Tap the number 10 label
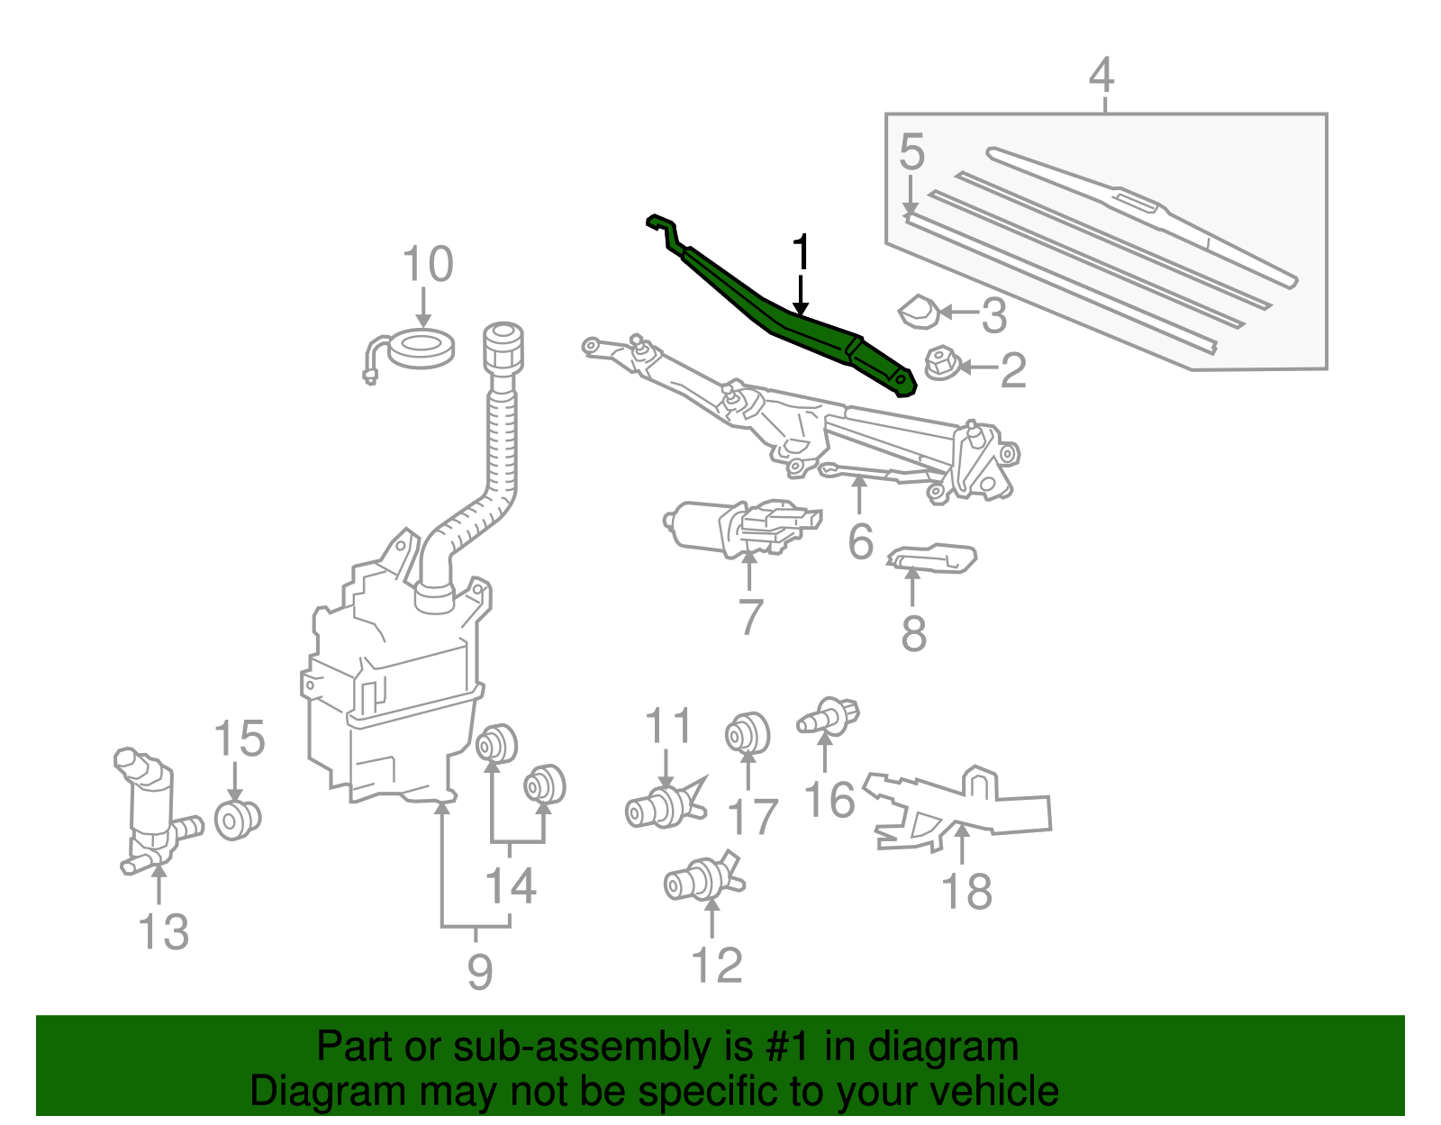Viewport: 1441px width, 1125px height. [427, 265]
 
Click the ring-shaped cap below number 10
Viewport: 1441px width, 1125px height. [421, 349]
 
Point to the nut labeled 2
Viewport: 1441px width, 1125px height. [940, 364]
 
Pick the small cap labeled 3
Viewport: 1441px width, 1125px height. [919, 311]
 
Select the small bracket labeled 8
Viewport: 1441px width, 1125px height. [932, 558]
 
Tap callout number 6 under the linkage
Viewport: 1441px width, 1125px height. [861, 541]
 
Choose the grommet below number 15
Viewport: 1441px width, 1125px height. [238, 820]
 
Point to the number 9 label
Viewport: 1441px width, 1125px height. [479, 971]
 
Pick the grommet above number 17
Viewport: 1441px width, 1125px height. [748, 734]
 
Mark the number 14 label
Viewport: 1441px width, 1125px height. [511, 886]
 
